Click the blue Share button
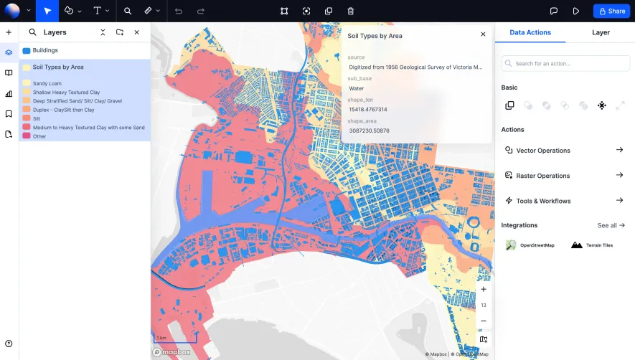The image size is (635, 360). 610,11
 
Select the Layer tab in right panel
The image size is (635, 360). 601,32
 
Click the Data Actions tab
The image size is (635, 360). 530,32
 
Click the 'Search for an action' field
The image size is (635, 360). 565,64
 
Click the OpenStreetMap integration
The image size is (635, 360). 531,245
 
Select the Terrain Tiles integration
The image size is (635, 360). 592,245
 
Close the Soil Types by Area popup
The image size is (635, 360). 483,34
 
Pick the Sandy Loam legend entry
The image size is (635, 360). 47,83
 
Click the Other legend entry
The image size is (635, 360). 39,136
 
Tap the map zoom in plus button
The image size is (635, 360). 484,289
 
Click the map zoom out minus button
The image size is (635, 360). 484,321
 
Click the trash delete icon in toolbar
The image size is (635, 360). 350,11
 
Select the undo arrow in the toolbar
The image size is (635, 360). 178,11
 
